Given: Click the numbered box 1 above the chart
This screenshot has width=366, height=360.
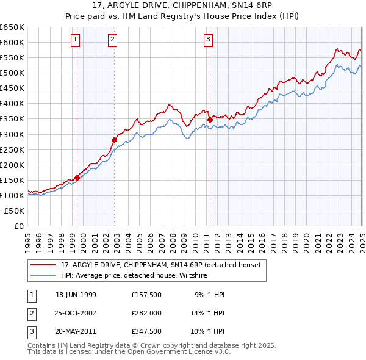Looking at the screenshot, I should coord(75,40).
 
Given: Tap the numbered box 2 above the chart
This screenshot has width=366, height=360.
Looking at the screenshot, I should coord(113,40).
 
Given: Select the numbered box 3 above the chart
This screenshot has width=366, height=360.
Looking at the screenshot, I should coord(208,40).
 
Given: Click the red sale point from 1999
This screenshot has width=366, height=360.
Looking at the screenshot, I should coord(77,178).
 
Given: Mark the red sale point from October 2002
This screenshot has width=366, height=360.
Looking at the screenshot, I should coord(114,139).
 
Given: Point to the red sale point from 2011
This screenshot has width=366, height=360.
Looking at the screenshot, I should coord(210,120).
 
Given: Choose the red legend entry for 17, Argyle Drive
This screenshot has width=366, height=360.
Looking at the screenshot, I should coord(161,265).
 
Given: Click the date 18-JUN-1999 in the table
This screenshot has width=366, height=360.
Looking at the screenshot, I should coord(76,295).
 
